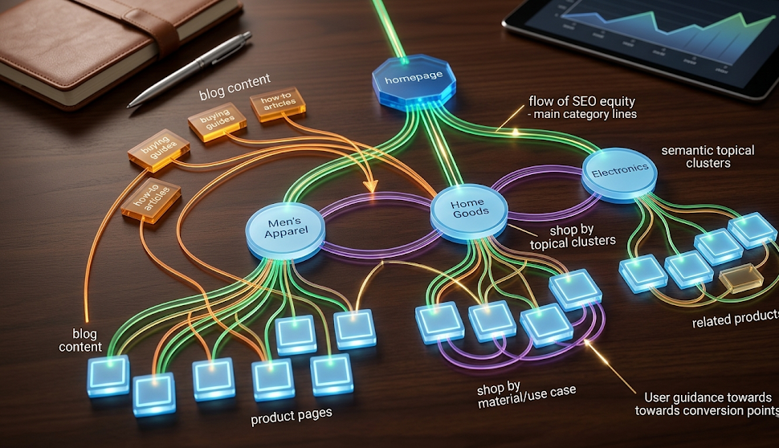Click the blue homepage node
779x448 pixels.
coord(414,81)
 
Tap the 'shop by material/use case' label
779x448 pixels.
coord(526,395)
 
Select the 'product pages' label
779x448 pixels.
coord(292,417)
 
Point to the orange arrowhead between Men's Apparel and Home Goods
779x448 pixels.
coord(371,187)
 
